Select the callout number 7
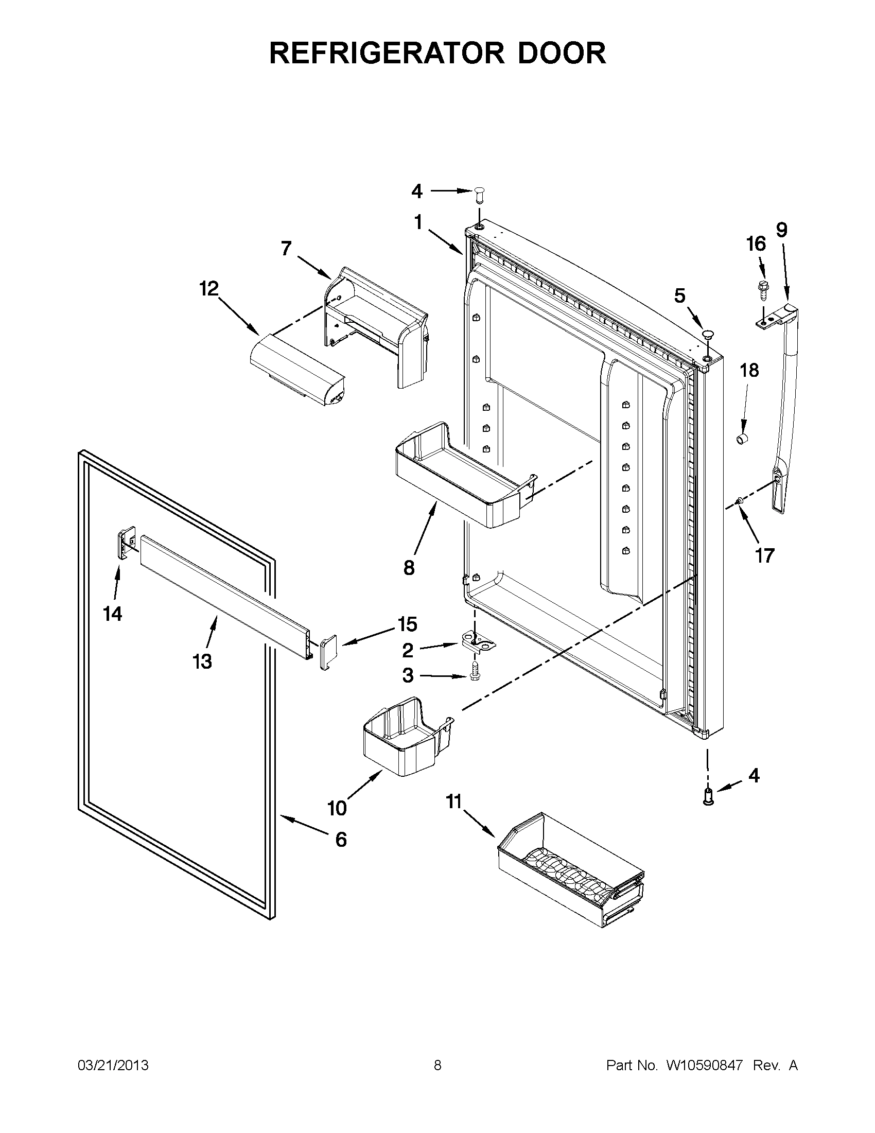coord(286,249)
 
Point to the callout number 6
coord(341,839)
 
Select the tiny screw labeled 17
coord(740,501)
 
